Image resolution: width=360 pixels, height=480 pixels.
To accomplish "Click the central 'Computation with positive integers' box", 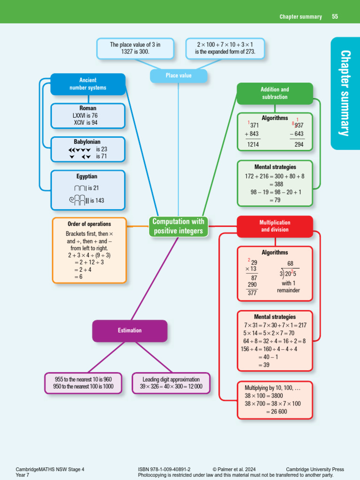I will point(178,226).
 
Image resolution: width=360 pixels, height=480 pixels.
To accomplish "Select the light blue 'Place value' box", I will point(178,75).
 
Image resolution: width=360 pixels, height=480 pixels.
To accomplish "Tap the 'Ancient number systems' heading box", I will point(88,84).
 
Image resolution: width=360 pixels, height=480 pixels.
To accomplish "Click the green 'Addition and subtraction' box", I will point(275,93).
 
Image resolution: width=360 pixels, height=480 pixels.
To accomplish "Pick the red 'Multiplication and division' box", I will point(275,226).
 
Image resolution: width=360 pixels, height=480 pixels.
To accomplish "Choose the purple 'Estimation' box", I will point(130,330).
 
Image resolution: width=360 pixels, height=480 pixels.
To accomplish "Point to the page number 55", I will point(335,16).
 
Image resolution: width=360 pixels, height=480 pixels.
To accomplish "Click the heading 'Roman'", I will point(88,108).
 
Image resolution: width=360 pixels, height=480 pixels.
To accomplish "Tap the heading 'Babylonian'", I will point(87,142).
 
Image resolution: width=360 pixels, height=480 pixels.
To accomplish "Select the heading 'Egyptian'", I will point(87,177).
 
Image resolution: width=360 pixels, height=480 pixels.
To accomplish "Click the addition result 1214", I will point(253,145).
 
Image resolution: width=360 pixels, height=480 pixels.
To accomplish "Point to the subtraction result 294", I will point(299,145).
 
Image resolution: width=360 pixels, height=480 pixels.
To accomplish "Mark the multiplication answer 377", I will point(252,293).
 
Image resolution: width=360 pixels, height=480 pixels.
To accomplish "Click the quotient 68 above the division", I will point(291,263).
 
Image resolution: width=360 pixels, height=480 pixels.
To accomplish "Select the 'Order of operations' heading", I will point(89,224).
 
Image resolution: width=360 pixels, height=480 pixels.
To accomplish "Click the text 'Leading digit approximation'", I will point(171,379).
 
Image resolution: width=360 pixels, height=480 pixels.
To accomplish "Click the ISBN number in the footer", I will point(164,469).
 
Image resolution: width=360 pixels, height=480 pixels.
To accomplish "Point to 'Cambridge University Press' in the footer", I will point(315,469).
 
